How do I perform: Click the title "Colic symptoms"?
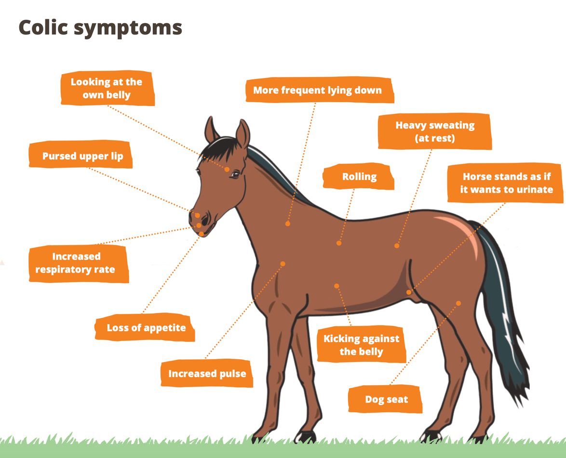pos(100,27)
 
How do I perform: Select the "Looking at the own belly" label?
pos(107,88)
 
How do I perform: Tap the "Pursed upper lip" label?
pos(82,156)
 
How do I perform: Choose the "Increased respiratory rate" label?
pos(76,263)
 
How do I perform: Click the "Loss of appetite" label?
pos(146,328)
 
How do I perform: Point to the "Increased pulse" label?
pos(207,374)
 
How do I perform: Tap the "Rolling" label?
pos(359,177)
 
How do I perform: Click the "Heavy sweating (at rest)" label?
pos(435,131)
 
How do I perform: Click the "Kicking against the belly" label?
pos(361,345)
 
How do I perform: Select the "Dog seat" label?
pos(386,399)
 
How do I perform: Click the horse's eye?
pos(235,174)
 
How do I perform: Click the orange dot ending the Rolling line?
pos(339,243)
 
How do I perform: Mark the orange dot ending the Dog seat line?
pos(458,303)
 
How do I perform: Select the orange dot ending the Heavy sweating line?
pos(397,246)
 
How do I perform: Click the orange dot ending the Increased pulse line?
pos(283,264)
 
